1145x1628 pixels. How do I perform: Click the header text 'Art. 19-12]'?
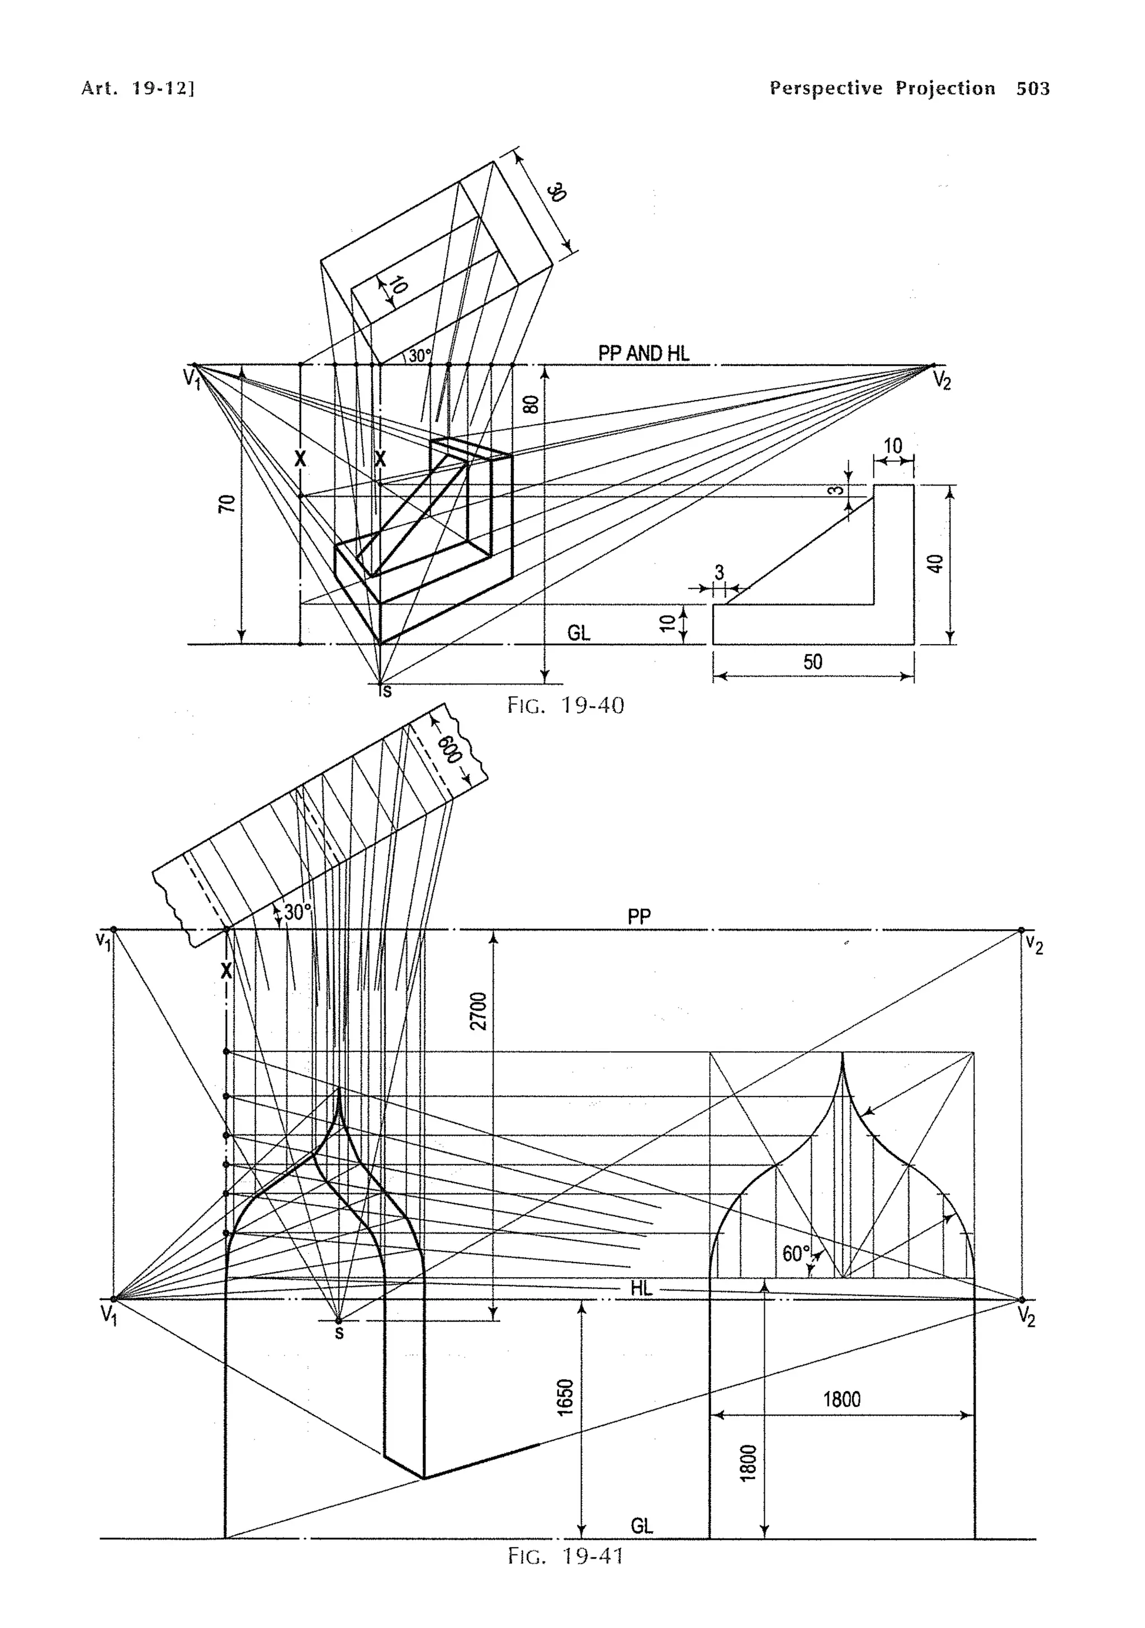[x=138, y=89]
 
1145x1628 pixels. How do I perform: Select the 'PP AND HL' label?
[x=644, y=353]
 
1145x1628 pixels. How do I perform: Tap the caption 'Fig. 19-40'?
[x=565, y=706]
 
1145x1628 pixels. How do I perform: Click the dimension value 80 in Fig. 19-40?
[x=531, y=404]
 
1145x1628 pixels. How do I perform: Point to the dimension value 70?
[x=227, y=504]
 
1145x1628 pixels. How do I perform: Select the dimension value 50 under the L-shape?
[x=812, y=662]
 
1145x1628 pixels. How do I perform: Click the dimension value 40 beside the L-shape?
[x=936, y=564]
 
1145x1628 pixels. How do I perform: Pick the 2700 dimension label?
[x=480, y=1011]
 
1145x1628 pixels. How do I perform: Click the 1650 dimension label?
[x=565, y=1397]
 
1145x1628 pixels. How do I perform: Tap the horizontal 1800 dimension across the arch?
[x=841, y=1399]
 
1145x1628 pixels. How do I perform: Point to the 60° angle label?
[x=795, y=1254]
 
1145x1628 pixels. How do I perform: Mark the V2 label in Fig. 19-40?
[x=941, y=382]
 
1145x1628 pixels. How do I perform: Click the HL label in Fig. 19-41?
[x=641, y=1288]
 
